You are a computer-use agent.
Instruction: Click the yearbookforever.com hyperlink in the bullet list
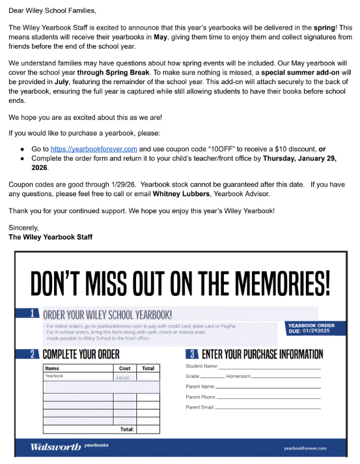pyautogui.click(x=94, y=149)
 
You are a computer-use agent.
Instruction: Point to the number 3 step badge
pyautogui.click(x=193, y=355)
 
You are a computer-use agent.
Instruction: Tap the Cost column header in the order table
pyautogui.click(x=124, y=368)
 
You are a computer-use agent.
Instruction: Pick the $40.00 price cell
pyautogui.click(x=122, y=377)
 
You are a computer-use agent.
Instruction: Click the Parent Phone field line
pyautogui.click(x=269, y=398)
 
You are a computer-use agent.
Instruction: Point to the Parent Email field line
pyautogui.click(x=268, y=408)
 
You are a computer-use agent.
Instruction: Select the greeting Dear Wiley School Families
pyautogui.click(x=51, y=11)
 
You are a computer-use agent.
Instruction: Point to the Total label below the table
pyautogui.click(x=127, y=429)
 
